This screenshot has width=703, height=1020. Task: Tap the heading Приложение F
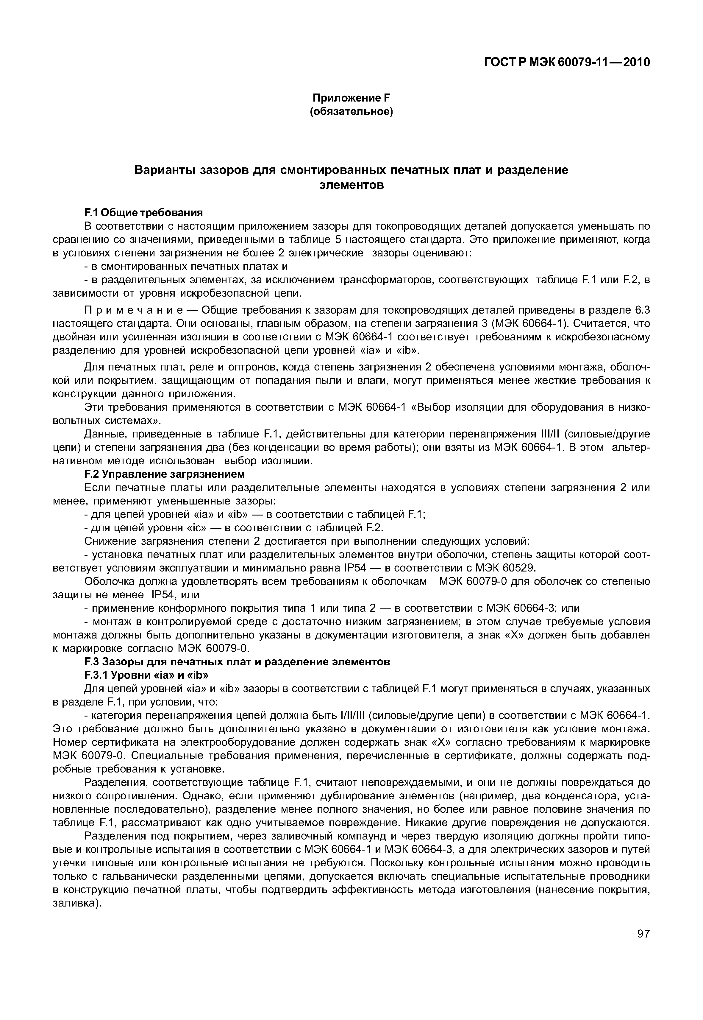pos(351,98)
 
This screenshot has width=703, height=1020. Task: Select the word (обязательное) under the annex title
pos(351,112)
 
